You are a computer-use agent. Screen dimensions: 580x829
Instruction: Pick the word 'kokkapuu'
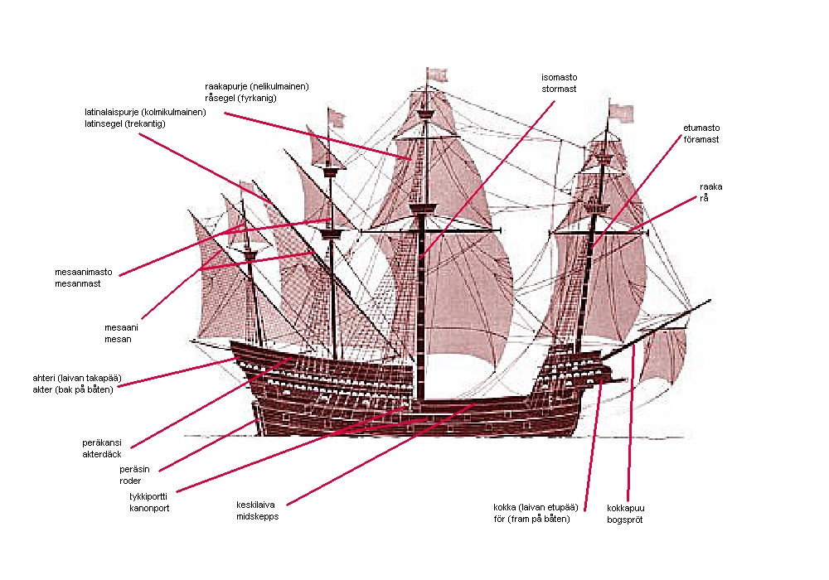pyautogui.click(x=625, y=509)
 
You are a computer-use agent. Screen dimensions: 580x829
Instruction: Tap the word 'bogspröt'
pyautogui.click(x=625, y=520)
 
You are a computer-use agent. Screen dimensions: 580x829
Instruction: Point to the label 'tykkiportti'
pyautogui.click(x=148, y=496)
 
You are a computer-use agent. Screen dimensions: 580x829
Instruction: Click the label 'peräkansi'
pyautogui.click(x=103, y=442)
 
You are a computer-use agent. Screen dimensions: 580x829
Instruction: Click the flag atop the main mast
pyautogui.click(x=438, y=75)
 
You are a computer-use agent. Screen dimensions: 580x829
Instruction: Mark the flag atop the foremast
pyautogui.click(x=621, y=114)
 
